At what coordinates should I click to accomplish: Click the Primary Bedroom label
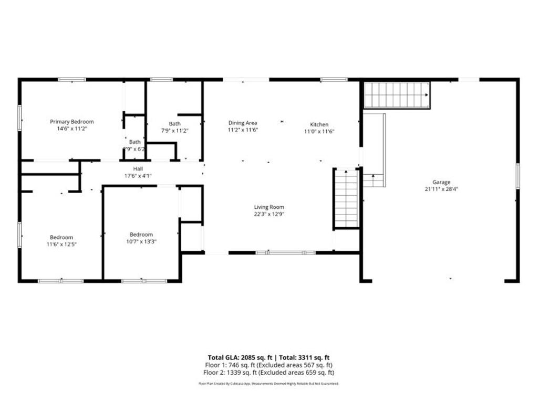pyautogui.click(x=72, y=122)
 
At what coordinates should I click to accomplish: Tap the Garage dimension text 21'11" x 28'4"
pyautogui.click(x=441, y=189)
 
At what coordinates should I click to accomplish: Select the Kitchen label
pyautogui.click(x=319, y=124)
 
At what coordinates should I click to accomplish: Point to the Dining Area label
pyautogui.click(x=242, y=123)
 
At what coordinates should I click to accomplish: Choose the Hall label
pyautogui.click(x=138, y=168)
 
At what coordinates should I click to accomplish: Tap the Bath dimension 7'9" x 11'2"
pyautogui.click(x=174, y=131)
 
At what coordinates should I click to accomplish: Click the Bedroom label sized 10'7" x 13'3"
pyautogui.click(x=141, y=234)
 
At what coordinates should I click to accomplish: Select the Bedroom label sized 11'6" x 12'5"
pyautogui.click(x=61, y=237)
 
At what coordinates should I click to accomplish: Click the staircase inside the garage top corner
pyautogui.click(x=397, y=95)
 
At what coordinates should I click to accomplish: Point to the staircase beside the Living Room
pyautogui.click(x=347, y=198)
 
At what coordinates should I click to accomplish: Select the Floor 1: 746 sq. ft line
pyautogui.click(x=269, y=365)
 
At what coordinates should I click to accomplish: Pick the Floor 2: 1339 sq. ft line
pyautogui.click(x=269, y=373)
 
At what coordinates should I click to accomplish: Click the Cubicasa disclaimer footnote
pyautogui.click(x=269, y=384)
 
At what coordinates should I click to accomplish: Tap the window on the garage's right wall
pyautogui.click(x=518, y=176)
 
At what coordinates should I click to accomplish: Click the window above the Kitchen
pyautogui.click(x=334, y=80)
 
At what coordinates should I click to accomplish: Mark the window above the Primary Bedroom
pyautogui.click(x=72, y=80)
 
